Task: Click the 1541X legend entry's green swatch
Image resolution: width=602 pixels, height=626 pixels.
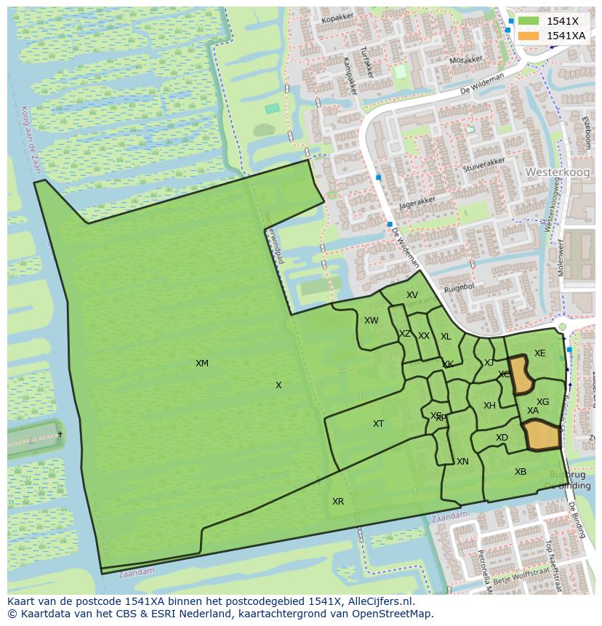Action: coord(529,21)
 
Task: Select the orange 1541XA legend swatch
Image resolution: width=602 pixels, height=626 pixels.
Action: coord(529,36)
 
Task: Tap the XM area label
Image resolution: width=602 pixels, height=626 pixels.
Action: coord(202,364)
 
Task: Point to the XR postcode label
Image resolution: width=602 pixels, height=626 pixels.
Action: coord(338,502)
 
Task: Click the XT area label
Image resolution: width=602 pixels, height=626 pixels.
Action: coord(378,424)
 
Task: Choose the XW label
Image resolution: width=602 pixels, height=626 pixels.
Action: coord(371,321)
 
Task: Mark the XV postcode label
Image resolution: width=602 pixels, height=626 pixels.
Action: coord(412,295)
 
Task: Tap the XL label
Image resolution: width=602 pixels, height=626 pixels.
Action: coord(446,337)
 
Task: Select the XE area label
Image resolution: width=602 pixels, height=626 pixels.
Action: coord(539,353)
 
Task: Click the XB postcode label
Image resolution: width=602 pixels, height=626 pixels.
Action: coord(521,472)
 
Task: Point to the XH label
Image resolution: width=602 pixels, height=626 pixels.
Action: coord(489,406)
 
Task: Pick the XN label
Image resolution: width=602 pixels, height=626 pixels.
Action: coord(462,462)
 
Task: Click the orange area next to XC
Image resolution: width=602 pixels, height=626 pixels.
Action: coord(521,374)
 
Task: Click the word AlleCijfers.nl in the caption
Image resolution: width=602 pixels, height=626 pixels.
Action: coord(378,601)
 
